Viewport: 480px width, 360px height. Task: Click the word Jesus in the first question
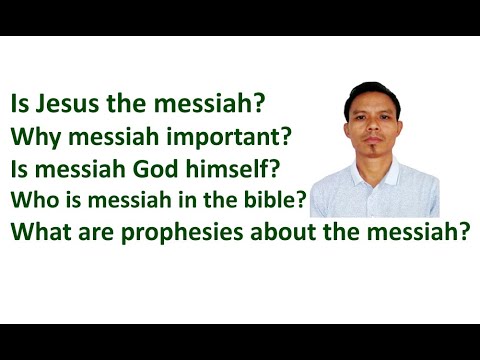click(x=67, y=103)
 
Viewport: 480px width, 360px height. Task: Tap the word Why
click(x=31, y=135)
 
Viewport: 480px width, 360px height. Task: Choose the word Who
click(x=30, y=198)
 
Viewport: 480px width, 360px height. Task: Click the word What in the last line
click(x=38, y=232)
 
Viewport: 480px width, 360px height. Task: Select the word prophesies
click(x=171, y=233)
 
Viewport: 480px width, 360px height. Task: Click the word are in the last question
click(x=91, y=233)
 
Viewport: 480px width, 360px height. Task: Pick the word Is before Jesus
click(x=20, y=103)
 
